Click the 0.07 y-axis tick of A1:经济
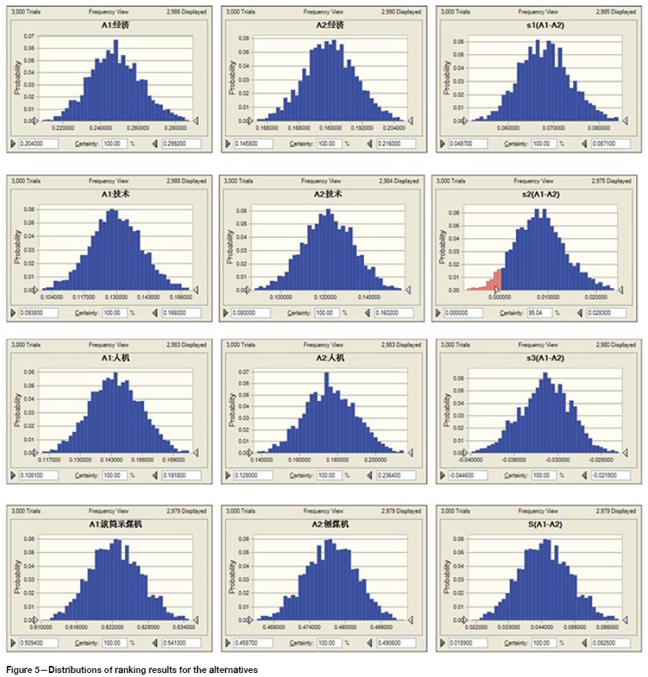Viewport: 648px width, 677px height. click(29, 37)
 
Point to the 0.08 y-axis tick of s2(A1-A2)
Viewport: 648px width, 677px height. click(456, 212)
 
